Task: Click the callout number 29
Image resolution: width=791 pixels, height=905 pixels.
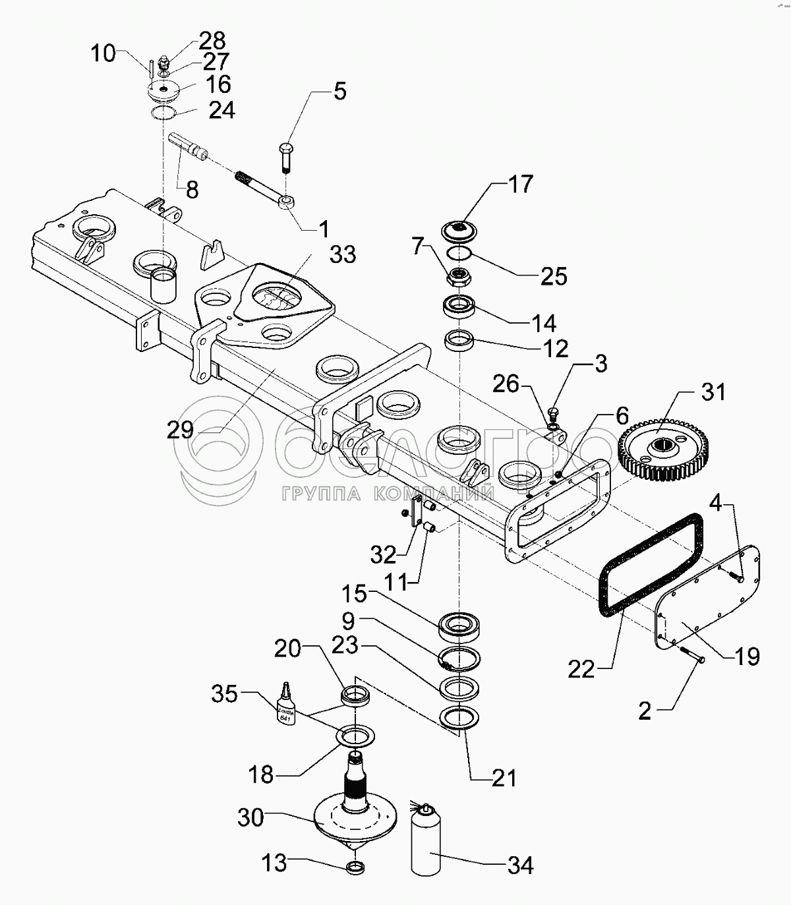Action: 180,430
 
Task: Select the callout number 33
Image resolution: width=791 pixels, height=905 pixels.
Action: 343,254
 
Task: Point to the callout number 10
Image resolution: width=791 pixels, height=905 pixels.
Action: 103,53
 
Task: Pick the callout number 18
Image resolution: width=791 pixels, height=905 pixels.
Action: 262,774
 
